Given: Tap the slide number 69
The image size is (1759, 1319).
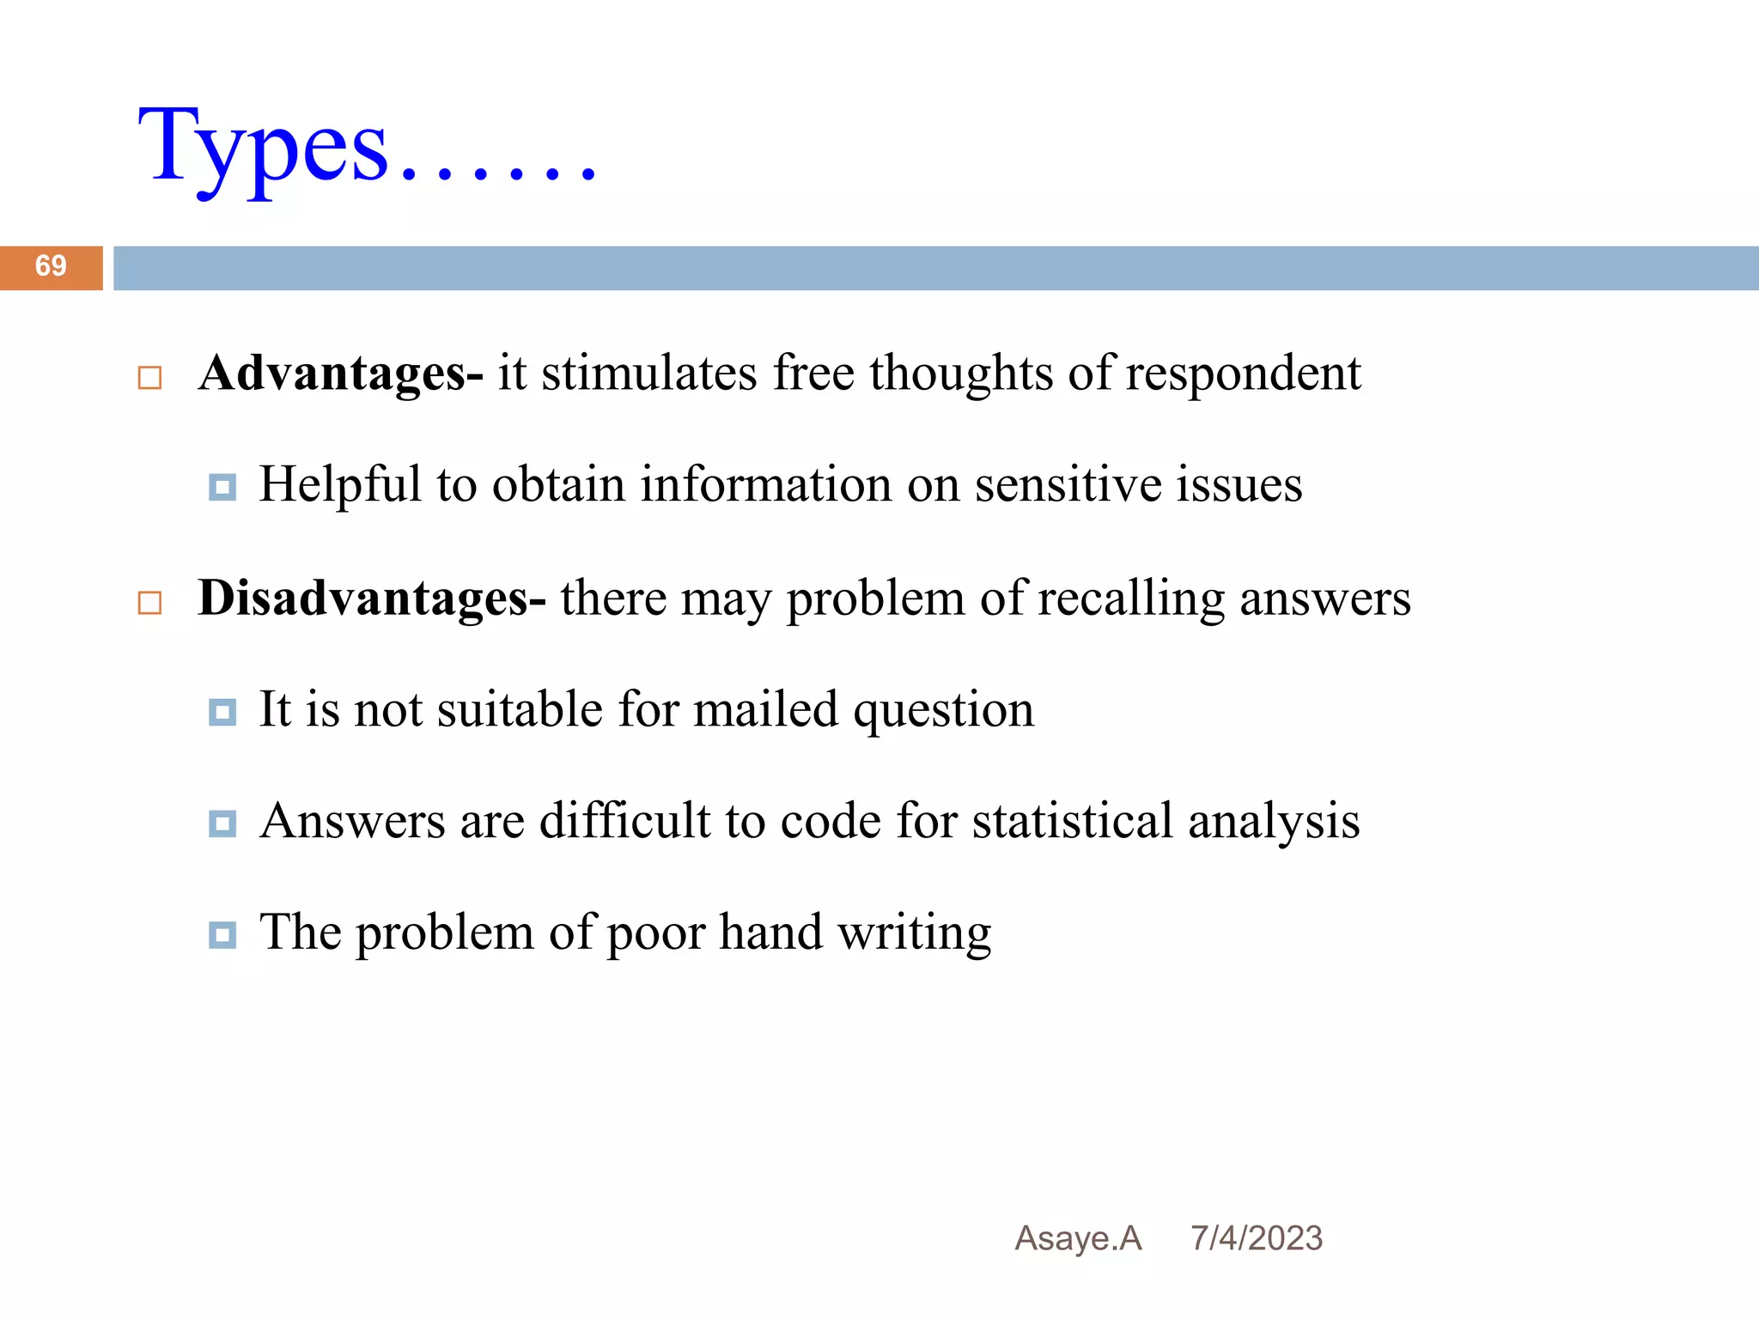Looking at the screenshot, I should [51, 266].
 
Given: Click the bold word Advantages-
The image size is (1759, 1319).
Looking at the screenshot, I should [340, 374].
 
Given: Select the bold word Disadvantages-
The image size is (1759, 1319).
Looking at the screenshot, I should [371, 599].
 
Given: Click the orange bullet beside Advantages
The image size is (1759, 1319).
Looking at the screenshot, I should [150, 378].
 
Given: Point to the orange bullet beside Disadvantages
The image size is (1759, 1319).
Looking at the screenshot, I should [150, 603].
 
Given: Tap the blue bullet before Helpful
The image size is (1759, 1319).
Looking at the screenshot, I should [222, 488].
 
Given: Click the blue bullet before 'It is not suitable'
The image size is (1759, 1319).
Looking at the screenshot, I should [222, 712].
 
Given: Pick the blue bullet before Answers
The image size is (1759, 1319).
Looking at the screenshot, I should [222, 824].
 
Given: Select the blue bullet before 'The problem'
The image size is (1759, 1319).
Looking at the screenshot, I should [222, 934].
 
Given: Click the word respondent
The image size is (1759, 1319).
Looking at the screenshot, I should [1243, 375].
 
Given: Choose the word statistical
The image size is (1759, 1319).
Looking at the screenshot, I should [1073, 821].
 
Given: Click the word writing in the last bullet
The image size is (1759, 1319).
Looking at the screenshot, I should [914, 934].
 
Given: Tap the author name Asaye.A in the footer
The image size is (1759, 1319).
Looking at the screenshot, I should [1078, 1238].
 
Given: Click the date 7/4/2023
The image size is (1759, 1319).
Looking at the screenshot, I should [1257, 1238].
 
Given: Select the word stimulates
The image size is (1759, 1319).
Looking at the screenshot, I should [649, 375].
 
